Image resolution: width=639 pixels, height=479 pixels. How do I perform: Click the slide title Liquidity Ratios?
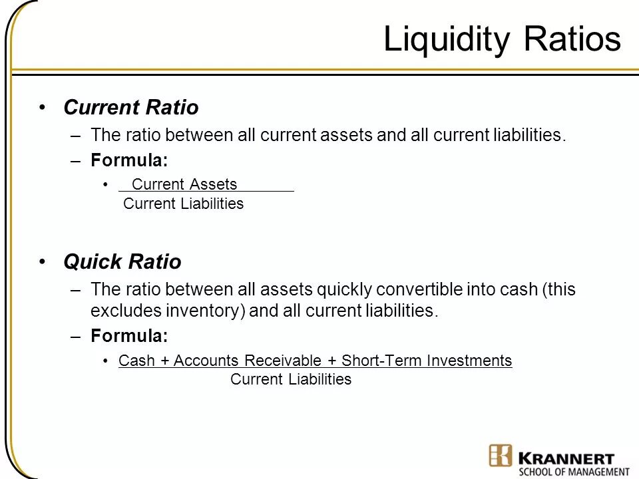click(x=502, y=40)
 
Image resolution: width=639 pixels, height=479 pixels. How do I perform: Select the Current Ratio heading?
click(x=130, y=107)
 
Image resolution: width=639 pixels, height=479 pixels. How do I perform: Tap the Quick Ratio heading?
click(x=122, y=262)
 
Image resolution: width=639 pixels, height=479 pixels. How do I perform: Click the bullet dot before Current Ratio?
click(x=43, y=107)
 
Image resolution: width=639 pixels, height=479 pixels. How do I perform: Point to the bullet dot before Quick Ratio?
click(x=43, y=262)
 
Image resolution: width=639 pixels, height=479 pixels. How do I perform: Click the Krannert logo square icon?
click(x=501, y=456)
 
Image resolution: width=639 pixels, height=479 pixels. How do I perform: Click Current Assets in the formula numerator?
click(x=184, y=184)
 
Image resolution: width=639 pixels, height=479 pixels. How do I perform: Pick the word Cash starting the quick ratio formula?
click(x=135, y=361)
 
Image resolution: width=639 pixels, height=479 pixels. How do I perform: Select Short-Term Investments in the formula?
click(x=426, y=361)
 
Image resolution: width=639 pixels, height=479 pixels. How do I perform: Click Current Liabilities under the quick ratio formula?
click(x=290, y=379)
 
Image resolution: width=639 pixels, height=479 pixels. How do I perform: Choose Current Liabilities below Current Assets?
click(x=184, y=204)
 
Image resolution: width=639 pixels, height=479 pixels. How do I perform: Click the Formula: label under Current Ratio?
click(x=129, y=160)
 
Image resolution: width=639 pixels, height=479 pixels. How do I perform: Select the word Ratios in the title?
click(x=573, y=40)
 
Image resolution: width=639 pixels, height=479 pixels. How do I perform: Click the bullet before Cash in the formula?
click(x=106, y=361)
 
